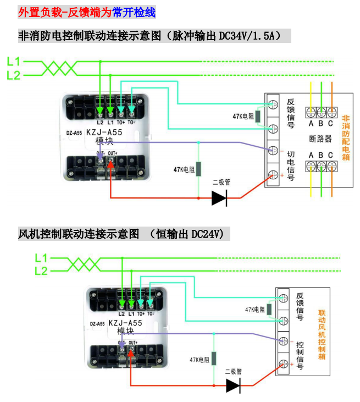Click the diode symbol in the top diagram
click(x=220, y=197)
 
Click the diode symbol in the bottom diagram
click(x=234, y=386)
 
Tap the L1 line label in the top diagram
click(x=14, y=61)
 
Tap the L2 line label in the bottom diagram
click(x=41, y=271)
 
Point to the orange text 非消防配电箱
click(x=346, y=137)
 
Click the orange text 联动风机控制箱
click(x=322, y=334)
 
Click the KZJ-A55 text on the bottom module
click(x=125, y=323)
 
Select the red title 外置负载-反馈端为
click(x=64, y=12)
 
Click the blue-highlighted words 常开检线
click(x=134, y=12)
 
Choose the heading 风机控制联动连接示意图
click(x=79, y=234)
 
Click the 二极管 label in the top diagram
click(x=221, y=182)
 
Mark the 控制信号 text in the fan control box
click(x=300, y=353)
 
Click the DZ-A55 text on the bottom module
click(x=97, y=324)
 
